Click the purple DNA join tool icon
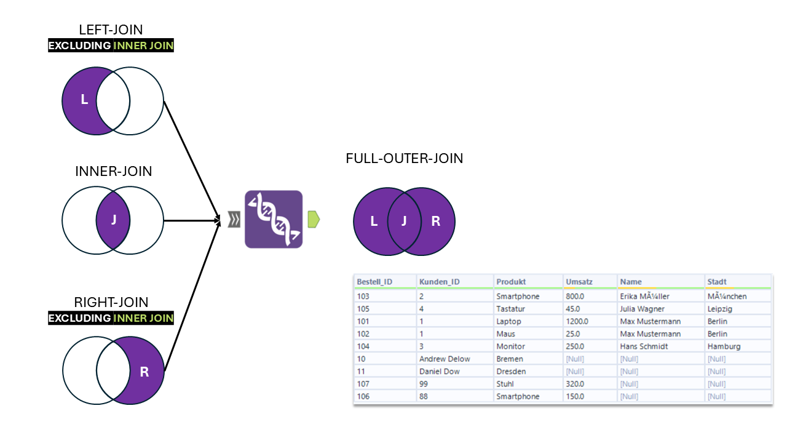[x=274, y=220]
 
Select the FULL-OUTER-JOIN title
[x=404, y=159]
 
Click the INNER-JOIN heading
[x=113, y=172]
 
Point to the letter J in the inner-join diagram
[x=113, y=220]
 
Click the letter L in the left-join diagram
[x=84, y=100]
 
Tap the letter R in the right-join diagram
[x=144, y=372]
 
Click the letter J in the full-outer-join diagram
[x=404, y=221]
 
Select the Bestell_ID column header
[x=374, y=282]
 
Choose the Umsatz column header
[x=579, y=282]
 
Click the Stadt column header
[x=717, y=282]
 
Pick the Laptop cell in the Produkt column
[x=508, y=321]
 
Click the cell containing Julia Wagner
[x=642, y=309]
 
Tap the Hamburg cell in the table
[x=724, y=346]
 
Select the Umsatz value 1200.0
[x=577, y=321]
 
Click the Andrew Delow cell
[x=445, y=359]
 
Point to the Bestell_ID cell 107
[x=363, y=384]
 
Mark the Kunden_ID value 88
[x=424, y=396]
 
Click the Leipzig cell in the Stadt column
[x=721, y=309]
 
